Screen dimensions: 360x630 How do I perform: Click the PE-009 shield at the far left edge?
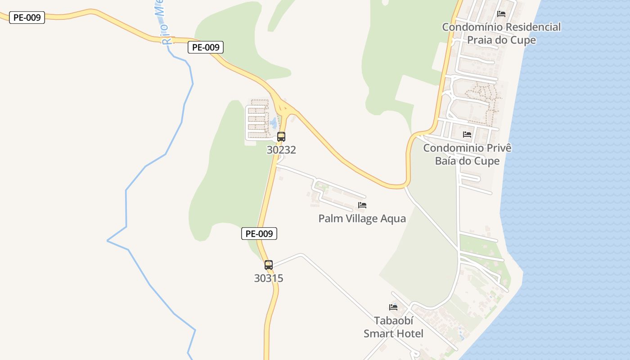[x=27, y=18]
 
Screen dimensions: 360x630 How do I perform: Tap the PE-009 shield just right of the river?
[x=206, y=47]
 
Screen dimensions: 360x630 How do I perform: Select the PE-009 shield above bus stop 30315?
[x=259, y=234]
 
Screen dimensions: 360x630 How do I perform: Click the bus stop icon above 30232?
[x=281, y=136]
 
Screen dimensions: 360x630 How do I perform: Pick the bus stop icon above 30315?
[x=269, y=265]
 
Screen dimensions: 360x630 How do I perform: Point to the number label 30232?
[x=281, y=150]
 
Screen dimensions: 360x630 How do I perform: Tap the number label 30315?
[x=269, y=278]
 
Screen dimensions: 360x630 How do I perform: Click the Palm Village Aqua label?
[x=362, y=219]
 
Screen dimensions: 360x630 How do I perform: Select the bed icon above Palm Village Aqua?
[x=362, y=205]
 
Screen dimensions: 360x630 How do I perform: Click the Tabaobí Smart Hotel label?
[x=393, y=327]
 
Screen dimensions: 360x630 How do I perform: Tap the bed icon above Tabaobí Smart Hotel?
[x=393, y=307]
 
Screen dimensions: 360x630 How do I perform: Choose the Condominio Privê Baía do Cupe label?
[x=467, y=154]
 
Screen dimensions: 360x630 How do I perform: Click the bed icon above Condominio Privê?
[x=467, y=134]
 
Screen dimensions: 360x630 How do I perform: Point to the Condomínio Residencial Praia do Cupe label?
[x=501, y=33]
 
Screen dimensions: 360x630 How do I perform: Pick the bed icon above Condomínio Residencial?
[x=501, y=13]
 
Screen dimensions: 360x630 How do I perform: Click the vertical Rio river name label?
[x=163, y=22]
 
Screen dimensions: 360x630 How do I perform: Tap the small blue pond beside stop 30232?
[x=273, y=122]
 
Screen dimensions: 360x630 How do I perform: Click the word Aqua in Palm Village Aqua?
[x=393, y=219]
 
